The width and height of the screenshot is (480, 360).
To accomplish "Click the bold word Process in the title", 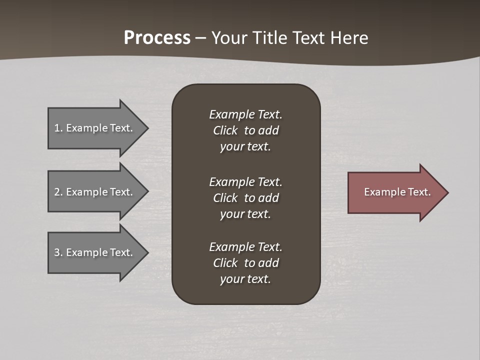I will (x=157, y=38).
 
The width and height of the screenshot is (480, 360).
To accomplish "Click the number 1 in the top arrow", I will (x=57, y=128).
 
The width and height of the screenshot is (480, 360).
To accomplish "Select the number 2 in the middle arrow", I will (x=57, y=192).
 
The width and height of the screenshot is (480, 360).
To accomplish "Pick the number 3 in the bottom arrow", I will (x=57, y=252).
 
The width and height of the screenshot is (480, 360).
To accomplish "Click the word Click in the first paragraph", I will (x=225, y=130).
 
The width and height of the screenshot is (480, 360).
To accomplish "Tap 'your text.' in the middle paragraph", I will (x=245, y=214).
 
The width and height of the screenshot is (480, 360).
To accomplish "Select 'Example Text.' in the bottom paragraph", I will (x=245, y=247).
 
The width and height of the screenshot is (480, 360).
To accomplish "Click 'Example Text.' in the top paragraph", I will (x=245, y=114).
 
